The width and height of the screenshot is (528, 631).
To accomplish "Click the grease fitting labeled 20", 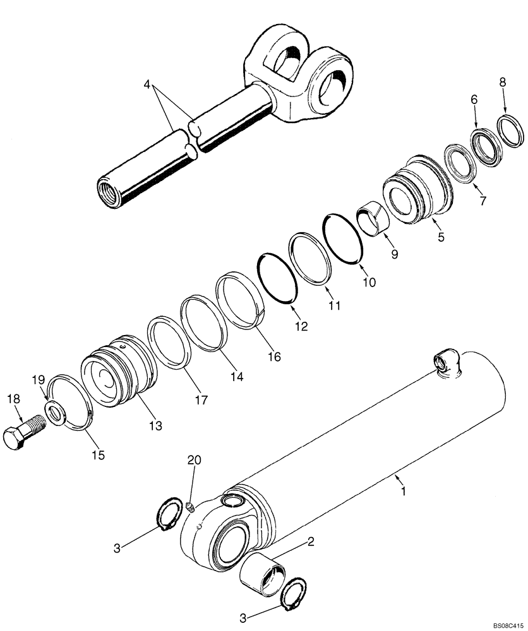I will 190,506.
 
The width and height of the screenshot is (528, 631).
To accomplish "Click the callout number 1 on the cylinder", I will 402,490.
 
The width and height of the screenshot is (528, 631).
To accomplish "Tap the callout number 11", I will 334,305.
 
